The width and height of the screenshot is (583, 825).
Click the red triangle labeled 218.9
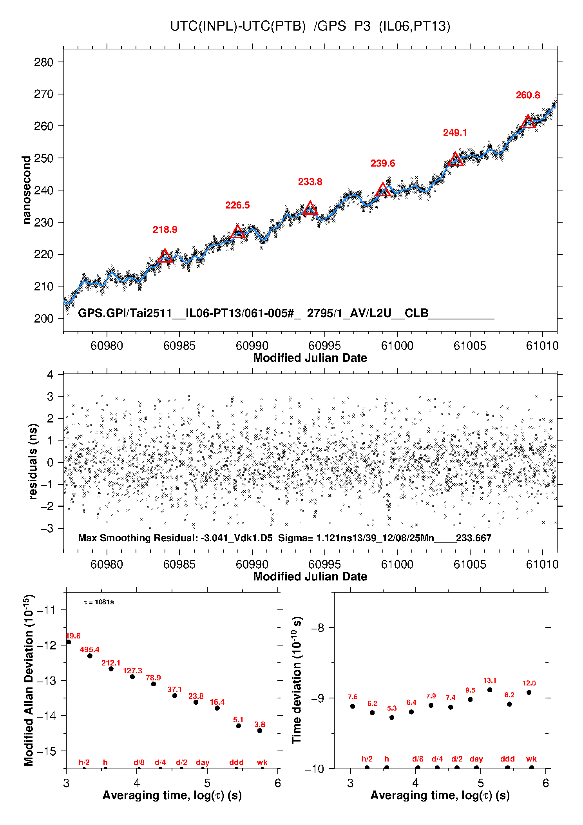[165, 256]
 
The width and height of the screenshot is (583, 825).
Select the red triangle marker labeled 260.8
[528, 122]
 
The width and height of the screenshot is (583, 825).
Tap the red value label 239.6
[383, 163]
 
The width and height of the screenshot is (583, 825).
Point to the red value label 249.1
[455, 133]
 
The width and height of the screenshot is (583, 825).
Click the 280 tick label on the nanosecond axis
[43, 62]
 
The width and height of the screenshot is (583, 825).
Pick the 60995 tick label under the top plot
[324, 346]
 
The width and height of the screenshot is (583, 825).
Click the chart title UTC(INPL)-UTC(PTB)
[238, 26]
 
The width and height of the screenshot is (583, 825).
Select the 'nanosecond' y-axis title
[26, 190]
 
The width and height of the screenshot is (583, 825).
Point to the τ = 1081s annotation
[99, 602]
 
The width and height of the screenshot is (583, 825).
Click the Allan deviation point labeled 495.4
[90, 656]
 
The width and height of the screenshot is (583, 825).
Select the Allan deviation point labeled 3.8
[260, 731]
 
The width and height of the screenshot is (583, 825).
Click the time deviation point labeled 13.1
[490, 690]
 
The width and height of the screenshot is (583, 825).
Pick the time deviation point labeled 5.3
[392, 717]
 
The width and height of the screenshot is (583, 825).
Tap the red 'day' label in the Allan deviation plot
[203, 763]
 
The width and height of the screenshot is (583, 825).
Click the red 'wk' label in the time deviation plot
[531, 759]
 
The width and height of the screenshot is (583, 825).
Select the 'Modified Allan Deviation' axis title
[29, 680]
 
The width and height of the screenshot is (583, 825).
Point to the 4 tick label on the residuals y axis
[50, 374]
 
